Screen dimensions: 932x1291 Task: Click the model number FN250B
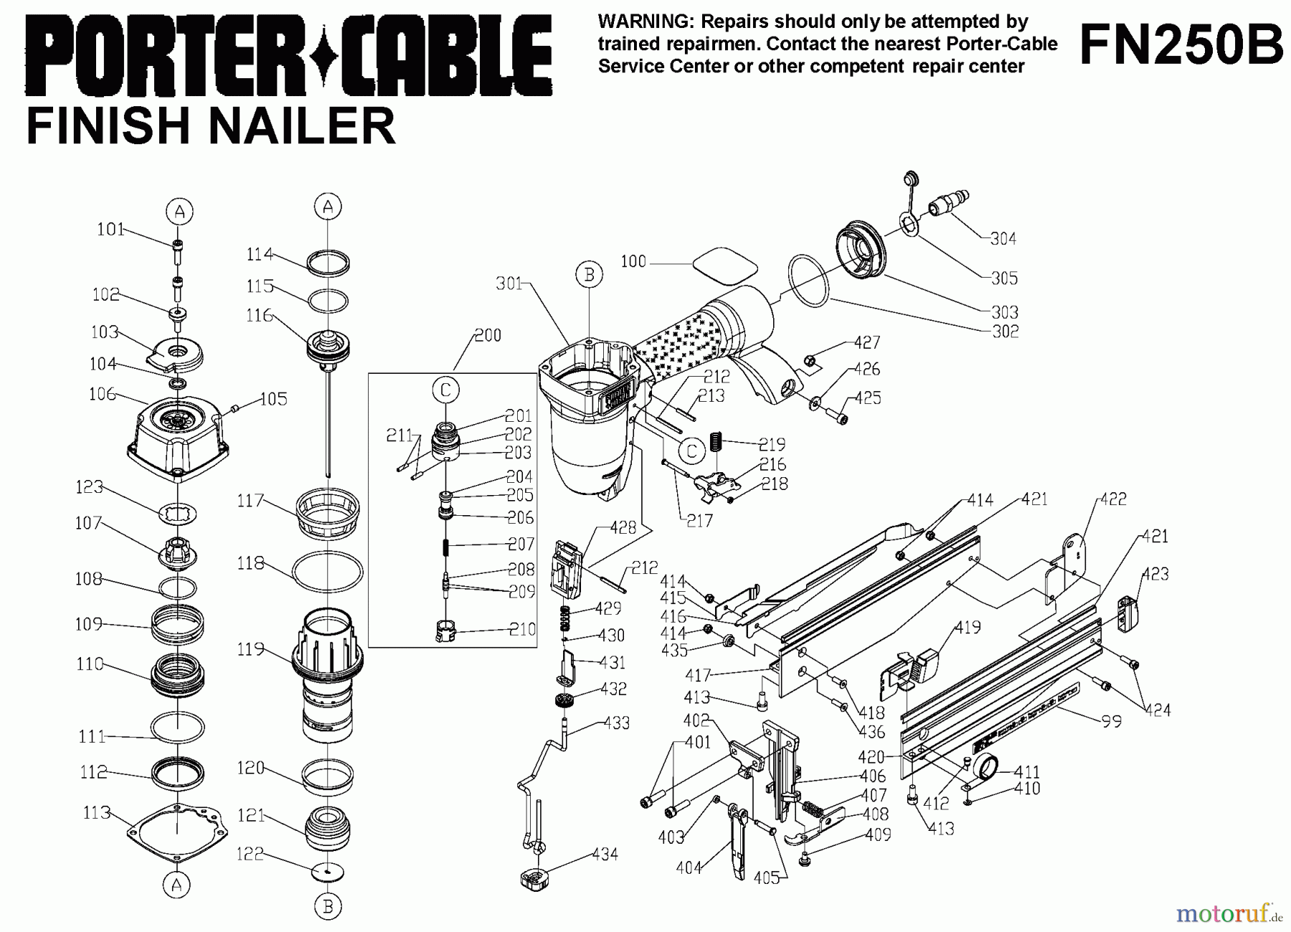tap(1181, 44)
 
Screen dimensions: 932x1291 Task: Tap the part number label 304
tap(1003, 239)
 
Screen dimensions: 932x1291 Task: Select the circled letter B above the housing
tap(589, 275)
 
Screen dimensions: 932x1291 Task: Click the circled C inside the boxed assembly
tap(445, 390)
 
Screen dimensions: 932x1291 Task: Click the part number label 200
tap(488, 335)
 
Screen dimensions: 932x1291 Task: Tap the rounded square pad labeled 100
tap(724, 267)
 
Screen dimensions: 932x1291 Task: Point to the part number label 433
tap(616, 722)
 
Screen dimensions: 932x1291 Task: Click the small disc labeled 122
tap(328, 871)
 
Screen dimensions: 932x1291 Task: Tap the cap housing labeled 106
tap(177, 434)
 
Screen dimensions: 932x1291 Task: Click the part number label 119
tap(250, 650)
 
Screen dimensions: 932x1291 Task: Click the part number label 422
tap(1113, 499)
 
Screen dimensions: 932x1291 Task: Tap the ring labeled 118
tap(328, 573)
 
